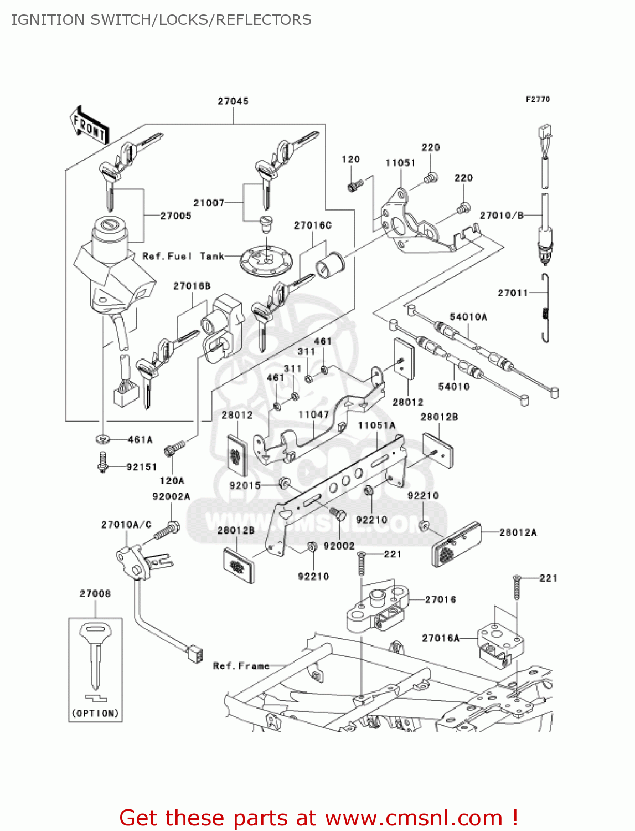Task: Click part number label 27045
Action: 233,101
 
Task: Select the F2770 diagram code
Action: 538,99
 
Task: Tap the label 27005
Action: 175,216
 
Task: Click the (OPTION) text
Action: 95,713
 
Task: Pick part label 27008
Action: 95,594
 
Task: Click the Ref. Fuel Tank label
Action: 183,256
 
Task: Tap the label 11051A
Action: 376,425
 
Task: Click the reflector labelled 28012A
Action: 457,544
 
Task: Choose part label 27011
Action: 513,293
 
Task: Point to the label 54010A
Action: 468,317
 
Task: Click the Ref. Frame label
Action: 241,665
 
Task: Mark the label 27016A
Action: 441,638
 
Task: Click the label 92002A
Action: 171,496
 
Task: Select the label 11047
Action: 313,414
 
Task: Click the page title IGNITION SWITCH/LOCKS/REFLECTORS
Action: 161,20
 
